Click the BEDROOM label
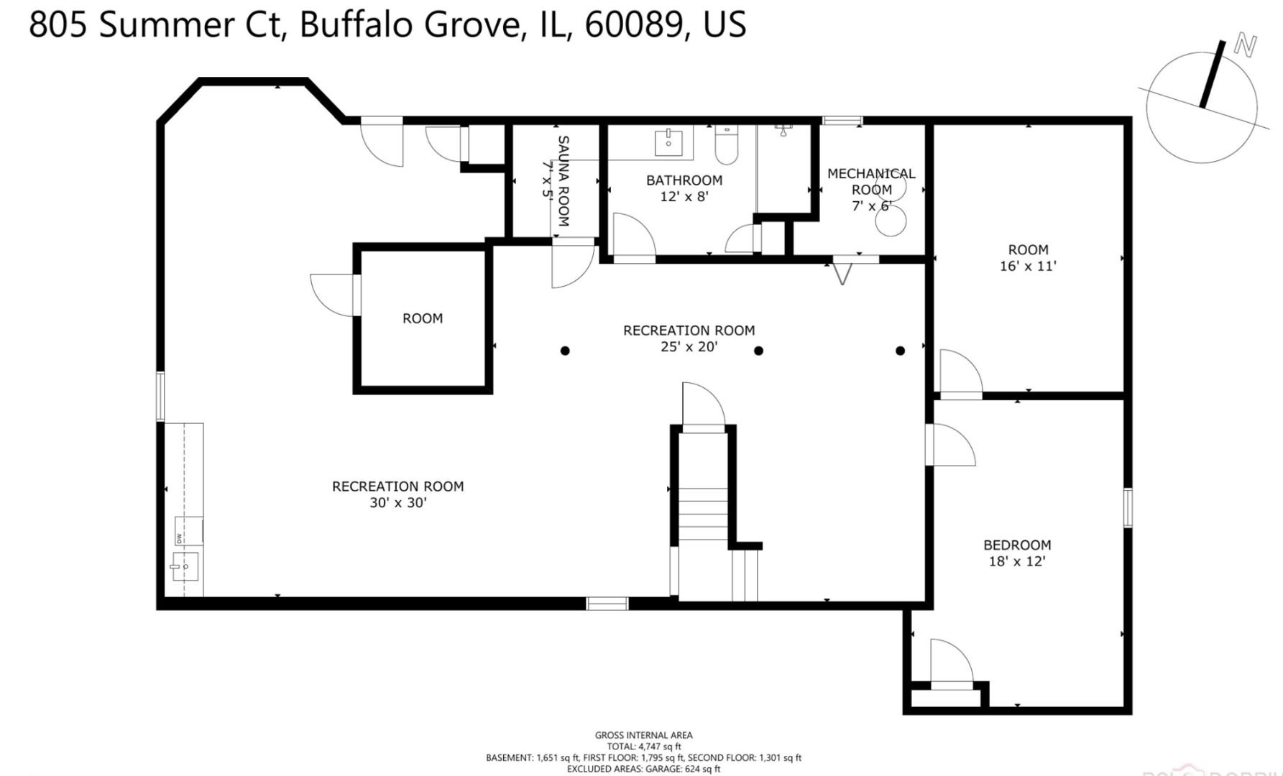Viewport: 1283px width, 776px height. (x=1017, y=545)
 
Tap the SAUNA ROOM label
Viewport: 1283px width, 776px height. (x=564, y=181)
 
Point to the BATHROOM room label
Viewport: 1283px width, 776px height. (x=684, y=180)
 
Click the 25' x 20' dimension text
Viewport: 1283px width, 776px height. (x=689, y=347)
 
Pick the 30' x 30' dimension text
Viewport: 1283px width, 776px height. (x=398, y=503)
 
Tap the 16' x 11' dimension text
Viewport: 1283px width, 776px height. (x=1029, y=266)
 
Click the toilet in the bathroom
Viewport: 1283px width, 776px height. (x=726, y=147)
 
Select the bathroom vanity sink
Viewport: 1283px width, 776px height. (x=669, y=142)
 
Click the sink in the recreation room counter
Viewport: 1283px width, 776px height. (x=185, y=567)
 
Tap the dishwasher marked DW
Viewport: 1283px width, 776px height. (x=188, y=530)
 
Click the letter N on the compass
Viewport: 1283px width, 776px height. (x=1245, y=45)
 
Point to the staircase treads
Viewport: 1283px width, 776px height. (x=704, y=514)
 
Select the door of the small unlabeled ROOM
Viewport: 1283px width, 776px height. (x=332, y=295)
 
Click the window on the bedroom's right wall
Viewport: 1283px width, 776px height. (x=1128, y=507)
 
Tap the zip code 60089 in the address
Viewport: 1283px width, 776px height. (x=633, y=24)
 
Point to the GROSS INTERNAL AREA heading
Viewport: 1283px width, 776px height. (x=643, y=735)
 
